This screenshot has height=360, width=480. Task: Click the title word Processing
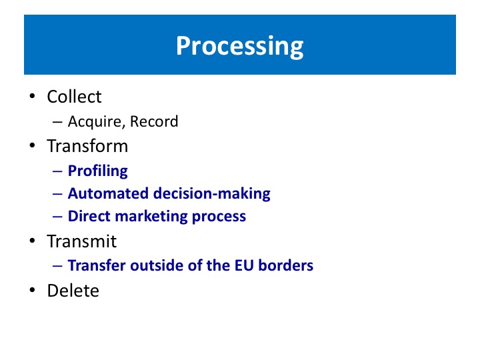click(239, 46)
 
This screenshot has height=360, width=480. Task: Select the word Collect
click(74, 97)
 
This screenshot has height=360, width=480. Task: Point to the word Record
click(154, 121)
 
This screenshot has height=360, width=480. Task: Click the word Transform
click(87, 146)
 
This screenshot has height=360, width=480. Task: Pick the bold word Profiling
click(97, 171)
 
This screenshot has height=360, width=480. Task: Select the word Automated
click(108, 193)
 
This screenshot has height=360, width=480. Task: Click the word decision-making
click(212, 194)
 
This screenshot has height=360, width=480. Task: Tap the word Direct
click(89, 216)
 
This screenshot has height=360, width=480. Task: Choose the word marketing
click(151, 217)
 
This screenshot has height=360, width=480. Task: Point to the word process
click(219, 217)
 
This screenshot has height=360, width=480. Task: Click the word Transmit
click(82, 241)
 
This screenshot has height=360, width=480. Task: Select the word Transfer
click(97, 265)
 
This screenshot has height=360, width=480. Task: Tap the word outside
click(157, 265)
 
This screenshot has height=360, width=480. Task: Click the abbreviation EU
click(244, 265)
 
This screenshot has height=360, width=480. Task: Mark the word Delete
click(73, 291)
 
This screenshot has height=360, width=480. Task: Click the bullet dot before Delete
click(33, 290)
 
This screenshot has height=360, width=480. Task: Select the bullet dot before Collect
click(33, 96)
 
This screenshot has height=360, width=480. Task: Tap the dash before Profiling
click(57, 171)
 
